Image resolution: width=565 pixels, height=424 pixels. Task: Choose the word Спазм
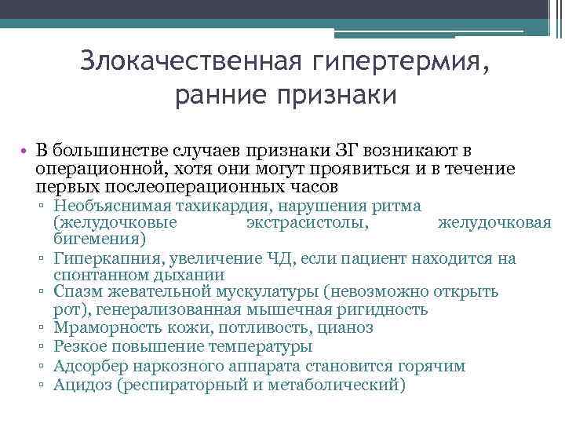76,292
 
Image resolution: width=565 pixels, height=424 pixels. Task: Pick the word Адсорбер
87,366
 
